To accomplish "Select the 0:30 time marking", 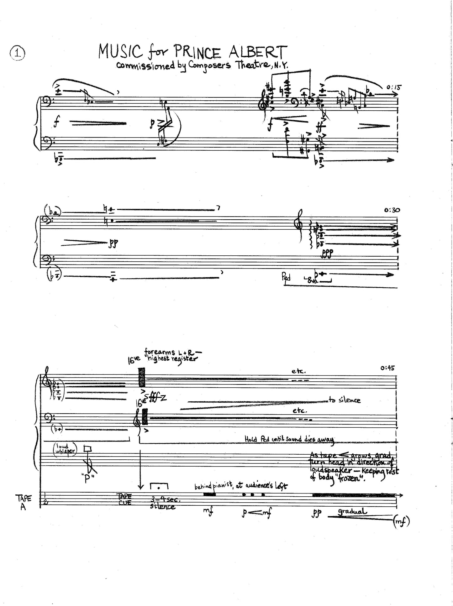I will [x=392, y=210].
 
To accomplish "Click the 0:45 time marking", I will [x=388, y=368].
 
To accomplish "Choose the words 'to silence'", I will [x=345, y=400].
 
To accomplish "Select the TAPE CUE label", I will [x=124, y=499].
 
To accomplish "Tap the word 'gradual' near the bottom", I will [x=351, y=511].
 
